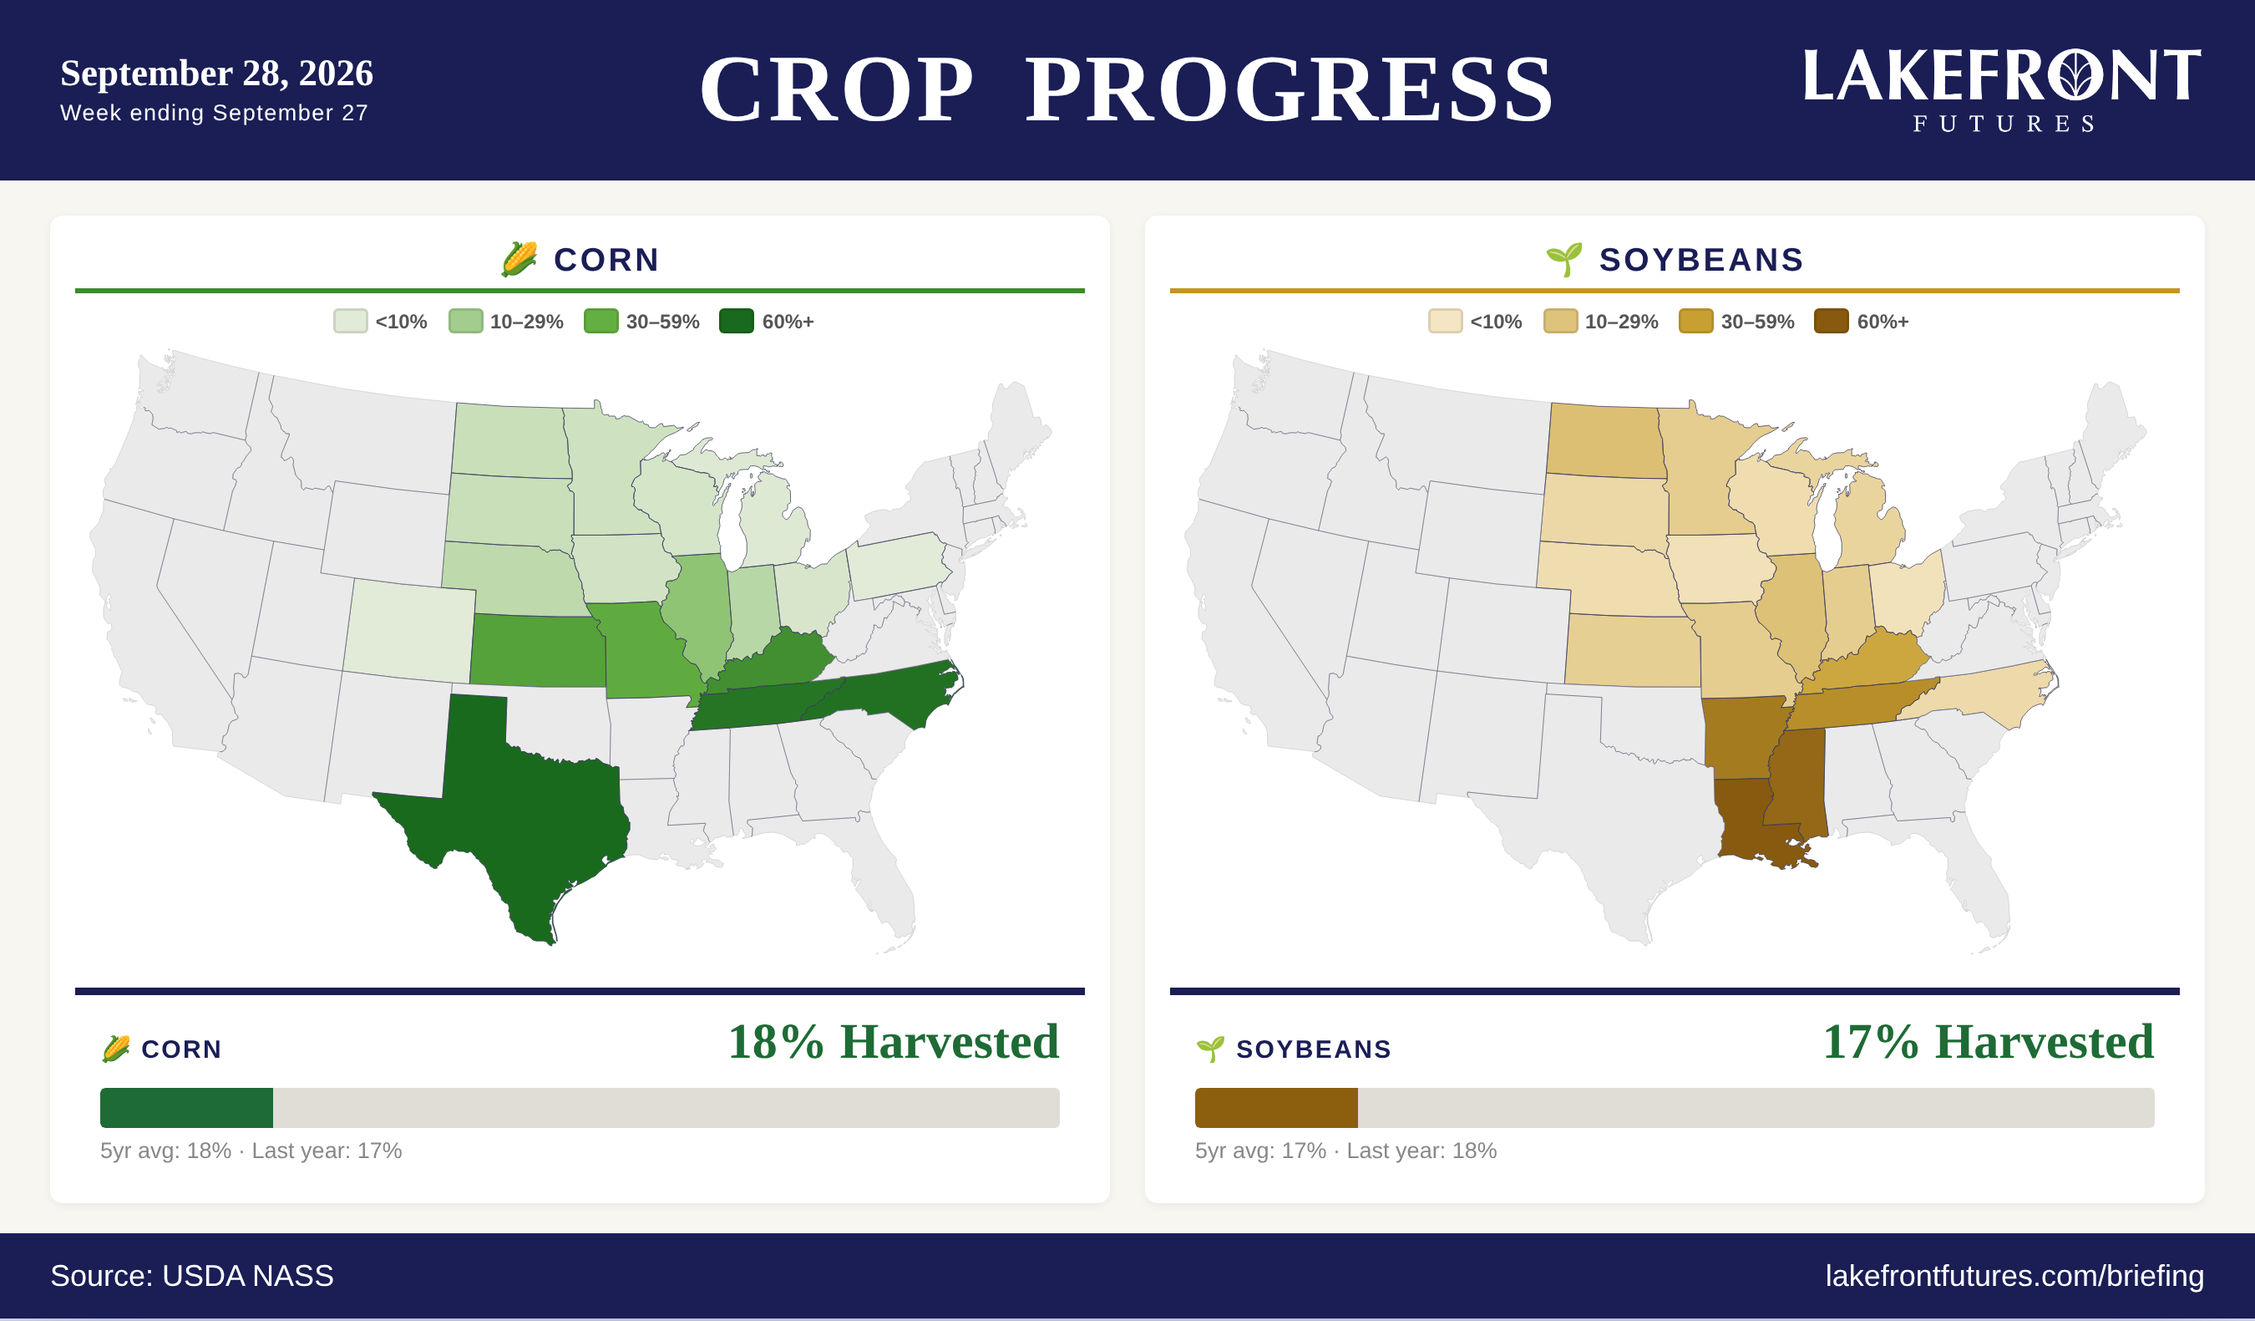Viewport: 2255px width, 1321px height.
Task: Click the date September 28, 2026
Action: point(216,74)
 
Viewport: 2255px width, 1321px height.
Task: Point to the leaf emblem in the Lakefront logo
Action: point(2075,75)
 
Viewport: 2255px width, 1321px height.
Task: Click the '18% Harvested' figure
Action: point(893,1042)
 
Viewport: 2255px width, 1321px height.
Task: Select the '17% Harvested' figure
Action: point(1989,1042)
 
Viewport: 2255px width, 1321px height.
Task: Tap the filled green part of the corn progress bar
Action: point(186,1108)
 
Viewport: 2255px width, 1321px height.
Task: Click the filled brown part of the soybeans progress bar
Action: point(1276,1108)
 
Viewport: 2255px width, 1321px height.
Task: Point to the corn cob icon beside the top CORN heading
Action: point(519,260)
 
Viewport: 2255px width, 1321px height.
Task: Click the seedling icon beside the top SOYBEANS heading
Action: point(1564,260)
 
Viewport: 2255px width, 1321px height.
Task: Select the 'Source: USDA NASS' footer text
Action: point(191,1276)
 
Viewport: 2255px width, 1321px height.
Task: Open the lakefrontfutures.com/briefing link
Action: point(2014,1276)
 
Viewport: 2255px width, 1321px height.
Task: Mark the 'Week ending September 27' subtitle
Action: point(214,114)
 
